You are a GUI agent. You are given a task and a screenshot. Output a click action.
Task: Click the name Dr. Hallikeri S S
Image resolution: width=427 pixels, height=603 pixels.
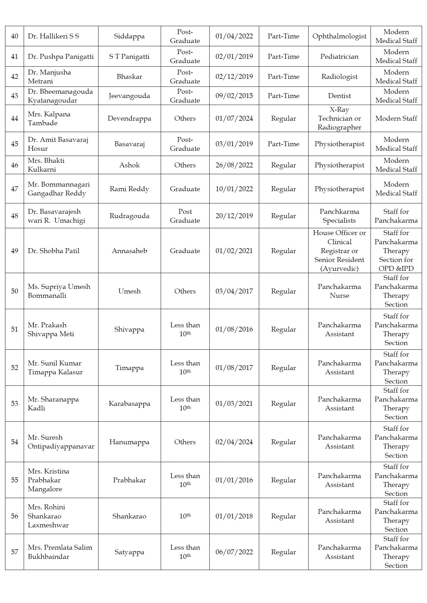53,36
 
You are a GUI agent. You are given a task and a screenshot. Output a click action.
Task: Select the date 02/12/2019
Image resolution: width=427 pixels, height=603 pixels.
234,77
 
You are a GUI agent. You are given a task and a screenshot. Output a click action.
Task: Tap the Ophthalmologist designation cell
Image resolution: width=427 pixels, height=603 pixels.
339,36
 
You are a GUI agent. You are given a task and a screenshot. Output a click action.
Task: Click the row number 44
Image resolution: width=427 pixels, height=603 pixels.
15,118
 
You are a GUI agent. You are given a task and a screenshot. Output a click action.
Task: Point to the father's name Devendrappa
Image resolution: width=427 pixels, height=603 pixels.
129,118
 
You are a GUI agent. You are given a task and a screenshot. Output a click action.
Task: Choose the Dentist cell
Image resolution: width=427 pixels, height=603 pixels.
339,96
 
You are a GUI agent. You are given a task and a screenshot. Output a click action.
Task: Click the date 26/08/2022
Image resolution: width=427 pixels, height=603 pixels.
234,165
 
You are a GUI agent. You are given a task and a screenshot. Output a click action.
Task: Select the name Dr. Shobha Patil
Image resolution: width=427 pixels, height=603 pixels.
53,251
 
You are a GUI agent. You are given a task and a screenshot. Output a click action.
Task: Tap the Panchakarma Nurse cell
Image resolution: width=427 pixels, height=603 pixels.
339,291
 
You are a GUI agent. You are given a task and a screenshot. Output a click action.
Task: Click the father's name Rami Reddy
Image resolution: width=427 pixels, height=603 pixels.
129,189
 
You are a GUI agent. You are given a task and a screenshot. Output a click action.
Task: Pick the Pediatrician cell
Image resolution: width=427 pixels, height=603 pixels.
339,56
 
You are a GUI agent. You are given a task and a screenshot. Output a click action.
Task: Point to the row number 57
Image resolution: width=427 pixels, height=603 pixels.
15,552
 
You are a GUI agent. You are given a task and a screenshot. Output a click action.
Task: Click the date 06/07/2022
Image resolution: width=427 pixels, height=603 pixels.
234,552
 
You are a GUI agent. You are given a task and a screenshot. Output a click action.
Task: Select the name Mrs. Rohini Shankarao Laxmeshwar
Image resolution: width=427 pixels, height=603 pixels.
48,516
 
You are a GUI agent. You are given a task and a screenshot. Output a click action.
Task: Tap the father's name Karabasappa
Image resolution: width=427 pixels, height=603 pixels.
129,404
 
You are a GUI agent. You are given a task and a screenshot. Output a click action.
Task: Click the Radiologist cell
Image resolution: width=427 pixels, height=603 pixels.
339,77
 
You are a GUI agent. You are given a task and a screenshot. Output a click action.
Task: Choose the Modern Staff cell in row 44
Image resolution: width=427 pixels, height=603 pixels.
396,118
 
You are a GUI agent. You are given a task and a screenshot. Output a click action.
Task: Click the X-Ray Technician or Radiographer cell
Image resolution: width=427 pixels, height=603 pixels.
339,118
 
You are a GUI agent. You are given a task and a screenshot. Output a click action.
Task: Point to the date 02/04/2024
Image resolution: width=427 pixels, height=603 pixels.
234,442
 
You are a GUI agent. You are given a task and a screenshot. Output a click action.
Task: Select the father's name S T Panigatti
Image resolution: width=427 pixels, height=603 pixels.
129,56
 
